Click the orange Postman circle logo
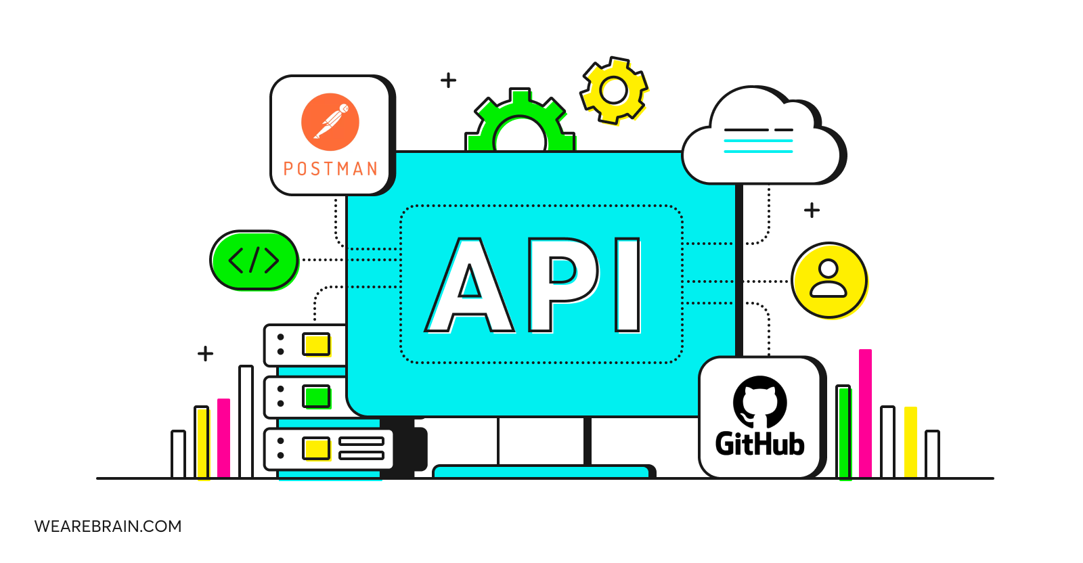coord(330,122)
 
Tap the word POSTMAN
coord(330,168)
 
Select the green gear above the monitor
coord(521,121)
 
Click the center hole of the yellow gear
coord(613,90)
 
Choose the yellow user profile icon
coord(829,280)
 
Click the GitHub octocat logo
coord(760,401)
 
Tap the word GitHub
coord(760,443)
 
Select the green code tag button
coord(255,261)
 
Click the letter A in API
coord(470,285)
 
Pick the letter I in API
coord(627,285)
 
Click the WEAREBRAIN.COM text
coord(108,526)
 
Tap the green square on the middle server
coord(316,397)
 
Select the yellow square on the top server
coord(316,344)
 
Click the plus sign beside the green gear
coord(448,81)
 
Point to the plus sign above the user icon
coord(812,210)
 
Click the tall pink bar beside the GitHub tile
coord(866,413)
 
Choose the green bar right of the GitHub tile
coord(844,432)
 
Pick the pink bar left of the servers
coord(224,438)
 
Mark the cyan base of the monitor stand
coord(543,472)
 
